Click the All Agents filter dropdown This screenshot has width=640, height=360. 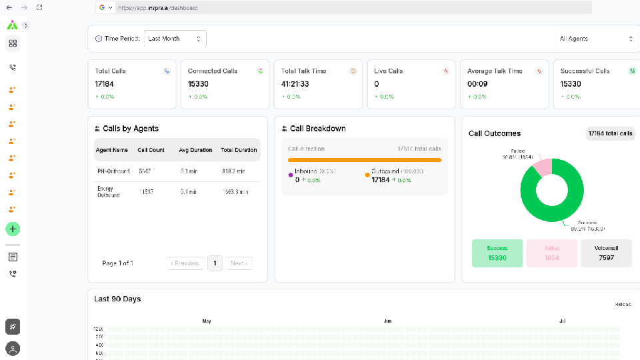(597, 39)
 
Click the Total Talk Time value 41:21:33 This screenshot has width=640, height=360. (295, 84)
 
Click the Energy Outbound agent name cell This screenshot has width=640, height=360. (109, 192)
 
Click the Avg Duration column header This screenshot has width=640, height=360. (195, 150)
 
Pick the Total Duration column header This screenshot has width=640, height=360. (239, 150)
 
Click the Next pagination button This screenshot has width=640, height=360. (239, 263)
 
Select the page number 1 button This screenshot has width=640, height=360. (215, 263)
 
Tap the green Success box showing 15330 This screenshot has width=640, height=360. (497, 253)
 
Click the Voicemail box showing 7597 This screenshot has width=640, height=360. (606, 253)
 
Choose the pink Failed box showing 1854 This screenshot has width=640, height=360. (551, 253)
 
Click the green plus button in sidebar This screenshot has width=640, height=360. (13, 229)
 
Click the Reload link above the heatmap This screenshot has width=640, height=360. (622, 304)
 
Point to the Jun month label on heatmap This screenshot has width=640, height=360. (387, 321)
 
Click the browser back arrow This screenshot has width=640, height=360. (9, 7)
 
